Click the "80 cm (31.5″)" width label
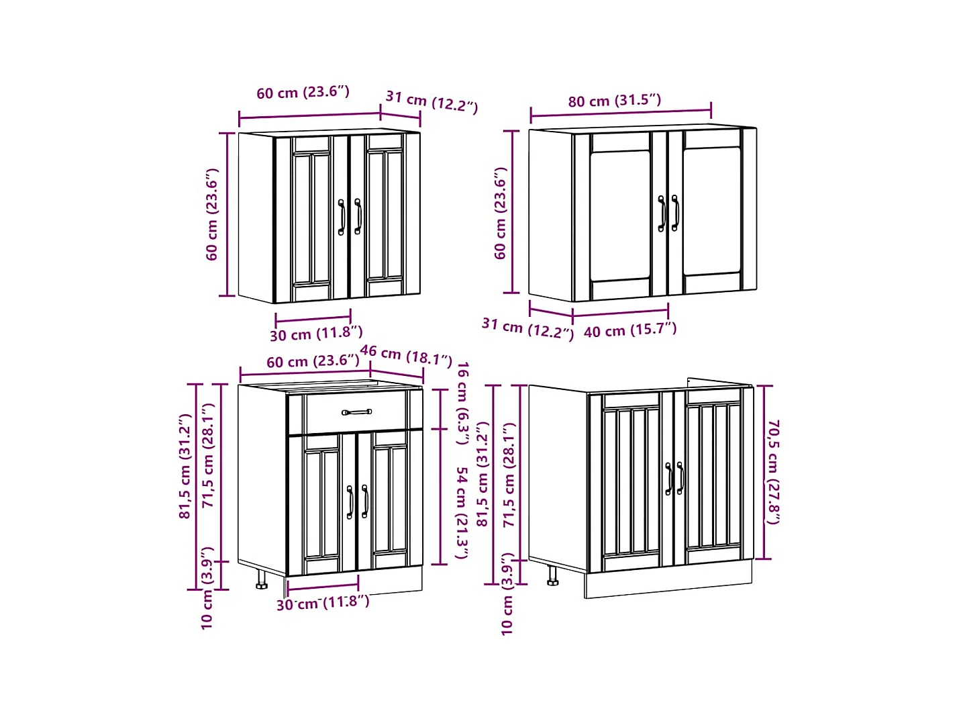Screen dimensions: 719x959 614,101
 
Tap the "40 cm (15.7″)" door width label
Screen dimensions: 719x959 629,330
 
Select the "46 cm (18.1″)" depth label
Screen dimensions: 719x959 405,355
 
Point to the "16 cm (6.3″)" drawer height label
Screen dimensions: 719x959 462,403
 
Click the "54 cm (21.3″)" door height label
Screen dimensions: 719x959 461,513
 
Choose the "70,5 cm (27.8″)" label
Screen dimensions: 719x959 773,472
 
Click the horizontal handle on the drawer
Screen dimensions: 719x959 356,412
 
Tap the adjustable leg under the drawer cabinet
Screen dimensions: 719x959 261,579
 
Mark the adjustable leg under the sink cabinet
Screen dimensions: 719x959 552,575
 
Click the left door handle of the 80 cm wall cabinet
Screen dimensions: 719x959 662,213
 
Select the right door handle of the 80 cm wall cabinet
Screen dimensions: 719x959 675,213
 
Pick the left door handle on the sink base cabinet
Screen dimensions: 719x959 668,479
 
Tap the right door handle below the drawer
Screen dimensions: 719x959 364,501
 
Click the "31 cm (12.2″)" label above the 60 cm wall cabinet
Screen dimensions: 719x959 431,101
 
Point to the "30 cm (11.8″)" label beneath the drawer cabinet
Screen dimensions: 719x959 322,603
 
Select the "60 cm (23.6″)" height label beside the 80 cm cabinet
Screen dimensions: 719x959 501,213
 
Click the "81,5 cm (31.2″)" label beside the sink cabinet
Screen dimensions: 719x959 483,474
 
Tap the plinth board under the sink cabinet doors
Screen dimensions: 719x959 668,583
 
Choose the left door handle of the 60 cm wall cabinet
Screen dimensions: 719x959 342,217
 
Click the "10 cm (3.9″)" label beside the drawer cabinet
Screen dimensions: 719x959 207,588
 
